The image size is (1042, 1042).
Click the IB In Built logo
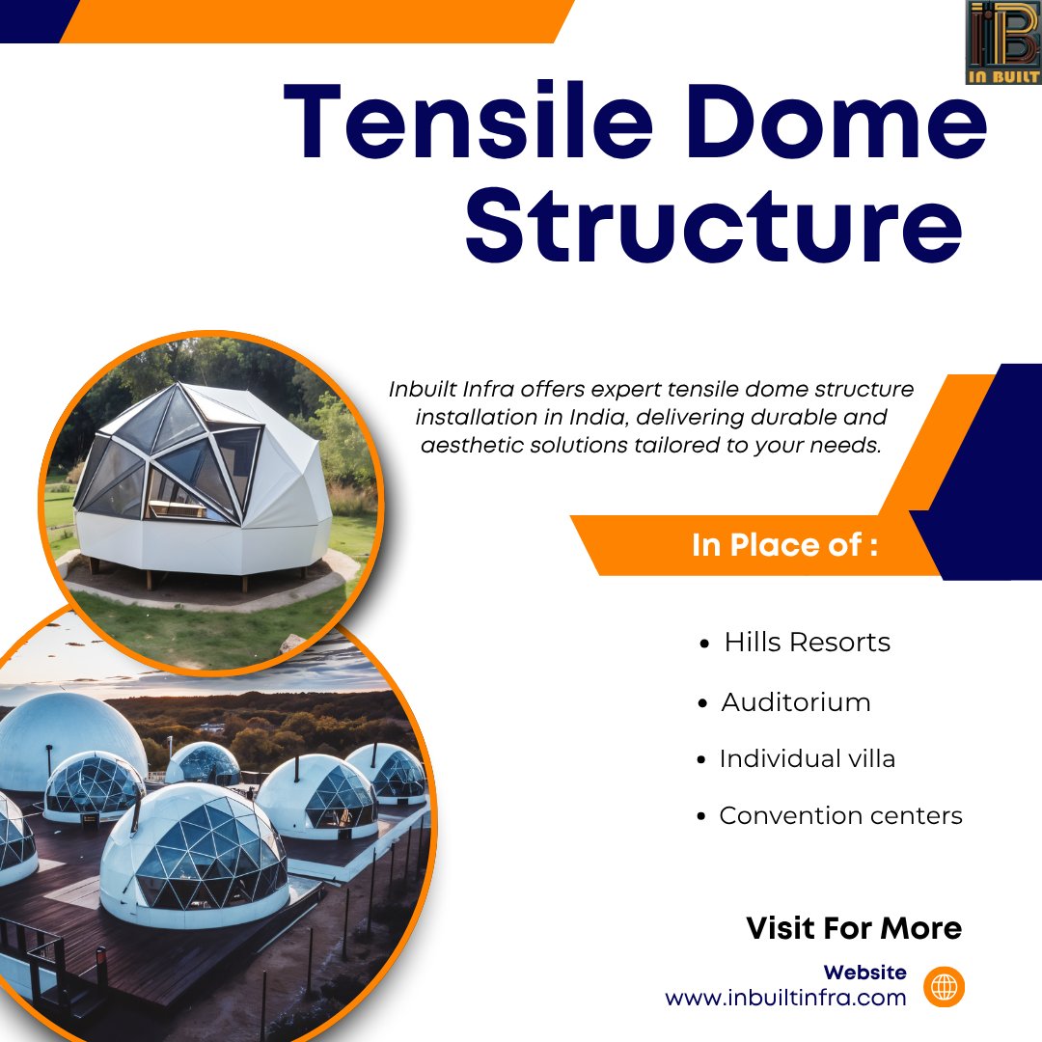coord(1002,42)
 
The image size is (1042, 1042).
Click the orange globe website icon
coord(944,986)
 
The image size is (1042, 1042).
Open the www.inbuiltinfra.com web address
coord(785,998)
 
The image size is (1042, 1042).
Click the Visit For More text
coord(854,928)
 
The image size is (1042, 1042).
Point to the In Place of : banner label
coord(784,545)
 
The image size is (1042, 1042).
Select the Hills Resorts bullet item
coord(807,643)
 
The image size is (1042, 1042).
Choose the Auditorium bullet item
coord(795,702)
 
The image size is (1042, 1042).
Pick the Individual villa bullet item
coord(807,759)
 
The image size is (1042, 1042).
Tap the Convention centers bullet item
coord(840,816)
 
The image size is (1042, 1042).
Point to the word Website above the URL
coord(864,973)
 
